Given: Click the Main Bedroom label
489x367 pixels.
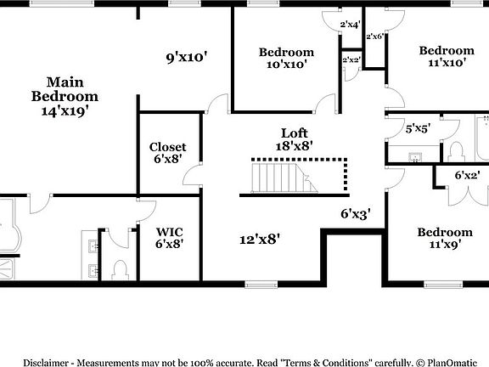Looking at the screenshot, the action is tap(65, 89).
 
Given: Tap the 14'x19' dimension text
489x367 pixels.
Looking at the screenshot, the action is tap(65, 110).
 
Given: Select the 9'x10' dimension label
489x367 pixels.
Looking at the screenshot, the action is tap(187, 58).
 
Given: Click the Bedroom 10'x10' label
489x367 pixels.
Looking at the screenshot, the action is tap(286, 58).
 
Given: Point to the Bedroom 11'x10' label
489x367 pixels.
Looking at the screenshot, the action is tap(447, 56).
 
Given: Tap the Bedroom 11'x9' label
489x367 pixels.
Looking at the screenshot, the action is tap(445, 238).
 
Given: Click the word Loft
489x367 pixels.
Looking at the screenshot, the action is tap(295, 133).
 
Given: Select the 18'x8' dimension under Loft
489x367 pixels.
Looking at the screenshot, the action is tap(295, 146).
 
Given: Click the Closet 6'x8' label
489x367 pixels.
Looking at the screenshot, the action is tap(167, 153).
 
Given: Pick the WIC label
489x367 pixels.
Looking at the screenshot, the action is tap(169, 232).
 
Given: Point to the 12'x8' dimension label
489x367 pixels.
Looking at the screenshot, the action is tap(260, 240).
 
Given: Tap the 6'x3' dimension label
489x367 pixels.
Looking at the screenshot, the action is tap(356, 214).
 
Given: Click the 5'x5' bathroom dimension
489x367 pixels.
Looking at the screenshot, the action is tap(418, 128).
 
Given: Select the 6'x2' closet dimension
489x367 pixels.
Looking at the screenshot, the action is tap(467, 175).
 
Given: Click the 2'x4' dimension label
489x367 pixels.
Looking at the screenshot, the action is tap(351, 25).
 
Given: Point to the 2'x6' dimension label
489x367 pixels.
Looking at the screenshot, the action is tap(374, 37).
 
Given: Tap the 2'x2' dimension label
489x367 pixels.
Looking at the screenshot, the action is tap(351, 59).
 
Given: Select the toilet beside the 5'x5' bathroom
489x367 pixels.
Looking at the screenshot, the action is tap(456, 152).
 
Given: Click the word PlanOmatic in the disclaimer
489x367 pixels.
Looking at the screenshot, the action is tap(452, 363).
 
